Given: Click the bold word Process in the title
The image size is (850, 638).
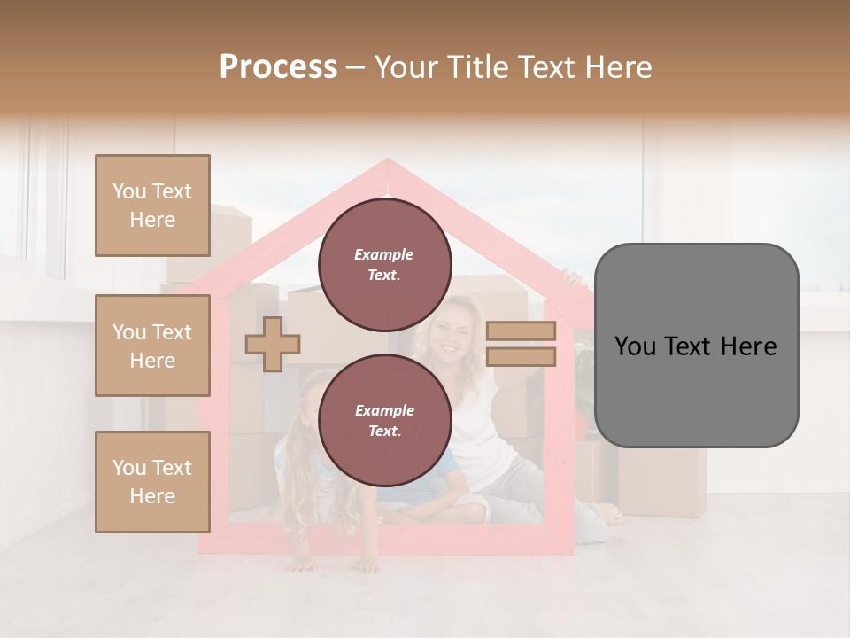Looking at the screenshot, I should pyautogui.click(x=278, y=67).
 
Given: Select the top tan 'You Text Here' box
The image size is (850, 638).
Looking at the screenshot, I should pyautogui.click(x=152, y=206).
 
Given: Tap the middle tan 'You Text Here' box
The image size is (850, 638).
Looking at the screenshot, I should pyautogui.click(x=152, y=346).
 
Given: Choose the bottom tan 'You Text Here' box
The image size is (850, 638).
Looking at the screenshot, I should pyautogui.click(x=152, y=481).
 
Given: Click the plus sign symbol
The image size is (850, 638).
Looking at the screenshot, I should pyautogui.click(x=273, y=344).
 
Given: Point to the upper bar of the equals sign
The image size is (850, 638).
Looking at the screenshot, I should pyautogui.click(x=521, y=331).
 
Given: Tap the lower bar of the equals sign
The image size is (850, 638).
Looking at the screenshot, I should pyautogui.click(x=521, y=356).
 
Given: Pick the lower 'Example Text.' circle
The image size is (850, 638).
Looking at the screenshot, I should pyautogui.click(x=384, y=421).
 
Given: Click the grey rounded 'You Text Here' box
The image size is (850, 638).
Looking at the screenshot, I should pyautogui.click(x=696, y=346).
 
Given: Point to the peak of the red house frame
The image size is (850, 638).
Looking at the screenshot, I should pyautogui.click(x=387, y=163).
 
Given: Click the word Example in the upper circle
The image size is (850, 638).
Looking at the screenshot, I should pyautogui.click(x=383, y=254).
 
